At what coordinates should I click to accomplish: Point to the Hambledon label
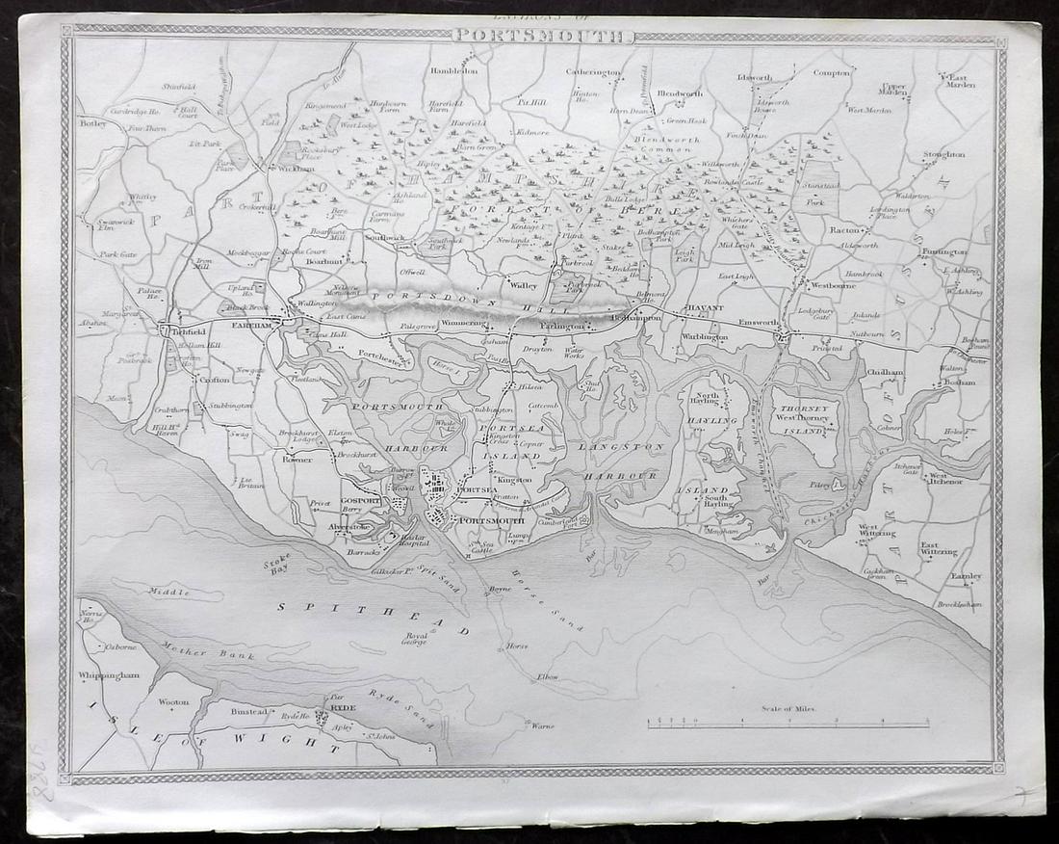[453, 70]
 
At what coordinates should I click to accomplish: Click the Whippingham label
[109, 675]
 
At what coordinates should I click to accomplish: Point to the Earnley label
[965, 576]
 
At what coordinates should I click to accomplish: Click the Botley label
[93, 123]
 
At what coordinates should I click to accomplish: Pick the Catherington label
[593, 71]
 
